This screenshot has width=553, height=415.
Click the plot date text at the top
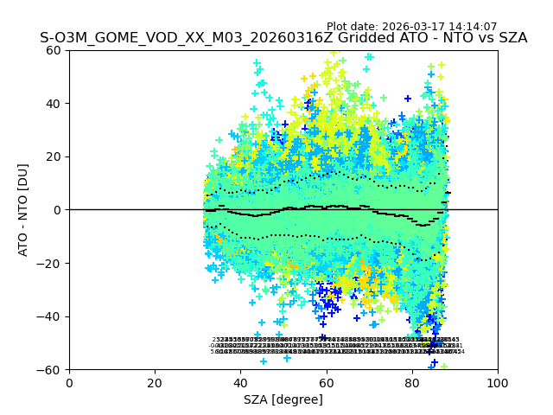411,27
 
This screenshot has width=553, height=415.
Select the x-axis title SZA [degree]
283,399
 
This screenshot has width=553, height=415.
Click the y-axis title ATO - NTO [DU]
24,210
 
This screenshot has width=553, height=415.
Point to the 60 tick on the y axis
54,50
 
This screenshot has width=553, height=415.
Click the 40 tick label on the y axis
54,104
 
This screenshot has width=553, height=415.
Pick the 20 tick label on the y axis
54,156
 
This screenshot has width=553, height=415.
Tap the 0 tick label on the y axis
57,210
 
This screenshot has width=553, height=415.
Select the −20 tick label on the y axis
50,263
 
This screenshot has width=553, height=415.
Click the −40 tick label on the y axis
50,316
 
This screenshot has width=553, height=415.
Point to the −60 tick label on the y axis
50,369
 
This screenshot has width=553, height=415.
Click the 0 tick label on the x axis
69,382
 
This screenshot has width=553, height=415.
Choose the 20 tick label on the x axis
155,382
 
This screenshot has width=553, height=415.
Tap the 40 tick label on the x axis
240,382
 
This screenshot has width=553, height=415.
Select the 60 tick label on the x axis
326,382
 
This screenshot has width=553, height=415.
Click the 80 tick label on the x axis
412,382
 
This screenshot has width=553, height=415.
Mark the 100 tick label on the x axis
498,382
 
